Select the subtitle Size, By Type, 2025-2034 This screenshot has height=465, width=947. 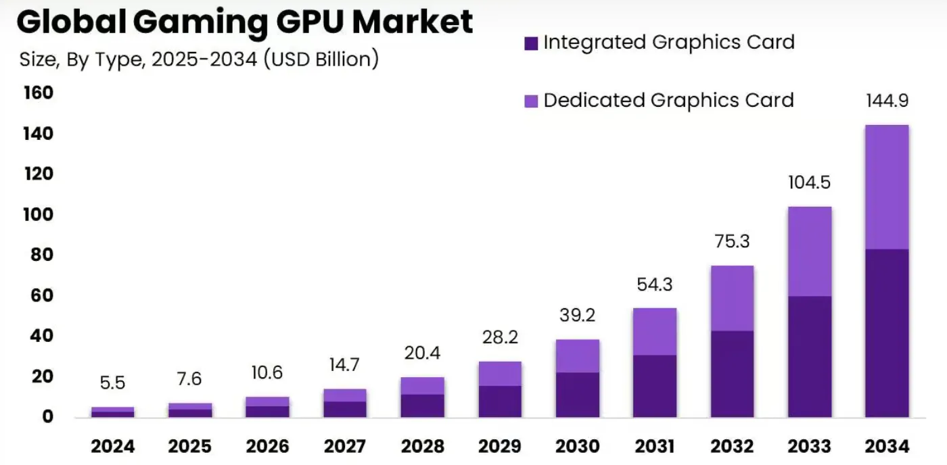[199, 59]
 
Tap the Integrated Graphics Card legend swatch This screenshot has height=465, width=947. [531, 43]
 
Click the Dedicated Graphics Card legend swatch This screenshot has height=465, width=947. [531, 101]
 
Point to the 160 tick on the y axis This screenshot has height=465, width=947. [38, 93]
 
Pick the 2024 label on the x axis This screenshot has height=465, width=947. [113, 446]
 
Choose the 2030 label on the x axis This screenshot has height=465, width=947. [577, 446]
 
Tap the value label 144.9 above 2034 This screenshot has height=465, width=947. [887, 101]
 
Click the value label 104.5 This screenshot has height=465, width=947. [810, 182]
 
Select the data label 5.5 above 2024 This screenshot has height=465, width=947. [113, 383]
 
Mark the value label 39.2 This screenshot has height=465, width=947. [577, 316]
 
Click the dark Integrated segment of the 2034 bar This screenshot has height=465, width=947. [887, 333]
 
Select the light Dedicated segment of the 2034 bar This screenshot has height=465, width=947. [887, 187]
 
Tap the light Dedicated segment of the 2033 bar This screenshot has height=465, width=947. [810, 251]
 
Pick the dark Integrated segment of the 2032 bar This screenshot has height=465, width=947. [732, 373]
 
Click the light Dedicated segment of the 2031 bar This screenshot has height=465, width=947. [655, 331]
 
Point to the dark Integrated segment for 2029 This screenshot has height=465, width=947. [500, 401]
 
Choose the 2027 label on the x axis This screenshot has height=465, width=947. [345, 446]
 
